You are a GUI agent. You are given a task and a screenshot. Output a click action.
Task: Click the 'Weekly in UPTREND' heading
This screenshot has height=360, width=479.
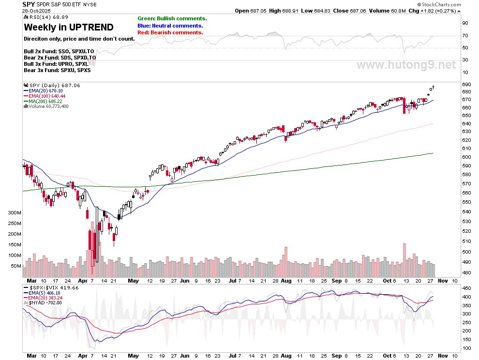click(69, 27)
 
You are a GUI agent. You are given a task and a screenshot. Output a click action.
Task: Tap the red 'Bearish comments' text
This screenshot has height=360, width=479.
click(170, 32)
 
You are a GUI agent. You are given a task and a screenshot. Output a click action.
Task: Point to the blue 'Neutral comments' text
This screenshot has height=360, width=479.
click(170, 26)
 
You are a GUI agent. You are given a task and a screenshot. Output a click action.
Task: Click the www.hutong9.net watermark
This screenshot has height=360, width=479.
click(406, 64)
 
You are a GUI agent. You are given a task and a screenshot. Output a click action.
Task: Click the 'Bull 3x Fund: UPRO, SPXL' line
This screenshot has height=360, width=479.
click(56, 64)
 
